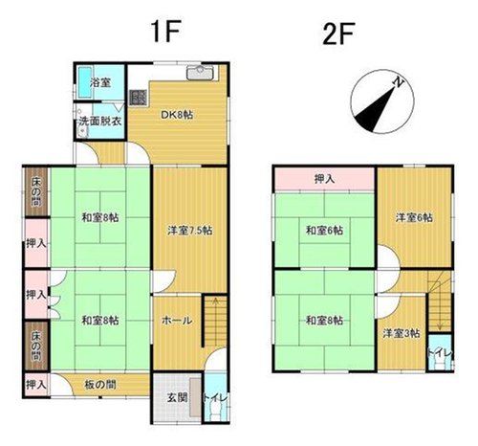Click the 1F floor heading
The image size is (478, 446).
tap(166, 31)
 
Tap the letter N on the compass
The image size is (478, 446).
tap(398, 82)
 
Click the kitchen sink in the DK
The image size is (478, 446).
tap(200, 73)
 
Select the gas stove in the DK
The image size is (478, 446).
tap(138, 98)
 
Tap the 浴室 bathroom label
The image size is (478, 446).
tap(100, 82)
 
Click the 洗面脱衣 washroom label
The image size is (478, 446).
tap(100, 122)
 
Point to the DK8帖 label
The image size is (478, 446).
tap(177, 115)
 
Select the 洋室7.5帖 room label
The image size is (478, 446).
tap(190, 230)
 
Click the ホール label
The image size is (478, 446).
tap(177, 320)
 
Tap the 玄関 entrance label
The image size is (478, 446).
tap(177, 398)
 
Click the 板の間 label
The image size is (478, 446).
tap(100, 385)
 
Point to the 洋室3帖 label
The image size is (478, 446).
tap(402, 334)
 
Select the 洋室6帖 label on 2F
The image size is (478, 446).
tap(414, 218)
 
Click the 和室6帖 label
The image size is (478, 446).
tap(324, 230)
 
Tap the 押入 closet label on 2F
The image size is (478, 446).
tap(324, 179)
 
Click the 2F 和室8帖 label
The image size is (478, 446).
tap(324, 320)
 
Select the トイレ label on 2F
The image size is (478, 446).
tap(440, 353)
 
